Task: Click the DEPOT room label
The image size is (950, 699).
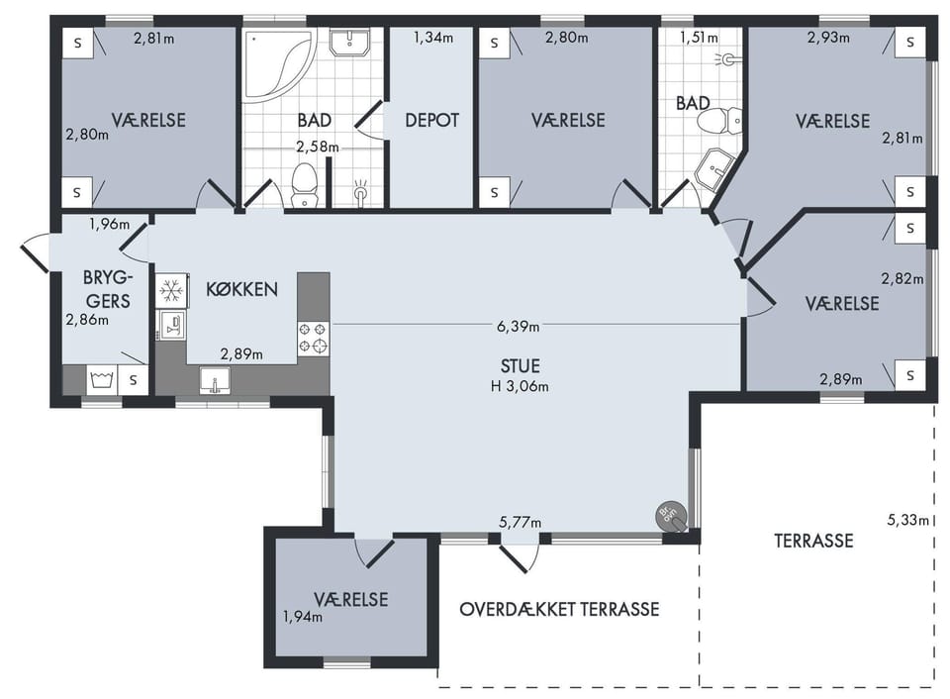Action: point(431,120)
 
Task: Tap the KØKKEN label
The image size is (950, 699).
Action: point(241,289)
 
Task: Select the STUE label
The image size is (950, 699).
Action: point(520,366)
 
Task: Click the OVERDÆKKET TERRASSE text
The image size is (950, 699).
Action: point(559,609)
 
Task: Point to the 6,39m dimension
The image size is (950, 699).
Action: point(518,326)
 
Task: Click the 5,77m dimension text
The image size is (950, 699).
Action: point(521,522)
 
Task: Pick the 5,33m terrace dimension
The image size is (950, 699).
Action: point(907,520)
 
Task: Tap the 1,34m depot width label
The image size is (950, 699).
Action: point(433,38)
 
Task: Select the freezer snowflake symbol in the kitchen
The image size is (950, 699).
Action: point(171,290)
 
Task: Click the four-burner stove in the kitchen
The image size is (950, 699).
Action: point(314,339)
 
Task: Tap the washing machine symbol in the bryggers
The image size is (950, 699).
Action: point(102,380)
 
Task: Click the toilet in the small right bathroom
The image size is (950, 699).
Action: point(720,121)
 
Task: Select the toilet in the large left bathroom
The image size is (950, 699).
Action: point(304,185)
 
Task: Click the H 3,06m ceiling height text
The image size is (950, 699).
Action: point(520,386)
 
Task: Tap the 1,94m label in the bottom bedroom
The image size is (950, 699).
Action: point(303,617)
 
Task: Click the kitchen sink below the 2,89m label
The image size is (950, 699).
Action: point(215,381)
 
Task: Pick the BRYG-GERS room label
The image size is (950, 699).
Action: point(108,289)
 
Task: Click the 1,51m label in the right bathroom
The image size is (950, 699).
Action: point(699,38)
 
